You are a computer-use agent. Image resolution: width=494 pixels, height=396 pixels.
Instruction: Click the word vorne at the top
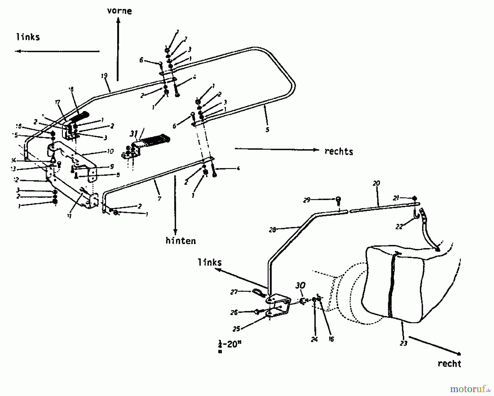(119, 11)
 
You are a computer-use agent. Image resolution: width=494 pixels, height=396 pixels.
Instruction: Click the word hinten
(181, 241)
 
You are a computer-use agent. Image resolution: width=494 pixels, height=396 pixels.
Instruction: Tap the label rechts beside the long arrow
(339, 151)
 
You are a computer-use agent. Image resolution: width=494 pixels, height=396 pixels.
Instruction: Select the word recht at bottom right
(449, 364)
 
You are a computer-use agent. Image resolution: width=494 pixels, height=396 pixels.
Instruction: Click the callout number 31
(134, 134)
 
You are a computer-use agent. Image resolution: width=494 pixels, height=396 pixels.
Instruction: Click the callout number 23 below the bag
(403, 343)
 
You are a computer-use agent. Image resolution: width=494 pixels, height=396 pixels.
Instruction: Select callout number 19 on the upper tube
(104, 76)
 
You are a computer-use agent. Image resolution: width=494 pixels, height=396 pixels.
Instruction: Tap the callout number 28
(272, 230)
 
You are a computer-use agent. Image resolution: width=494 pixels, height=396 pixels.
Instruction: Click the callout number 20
(376, 183)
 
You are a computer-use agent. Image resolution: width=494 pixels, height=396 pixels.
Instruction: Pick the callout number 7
(159, 198)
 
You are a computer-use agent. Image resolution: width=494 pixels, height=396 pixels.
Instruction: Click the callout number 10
(110, 151)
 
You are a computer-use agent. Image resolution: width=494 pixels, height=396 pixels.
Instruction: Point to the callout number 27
(234, 292)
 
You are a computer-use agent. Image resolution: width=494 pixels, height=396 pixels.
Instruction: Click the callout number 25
(236, 329)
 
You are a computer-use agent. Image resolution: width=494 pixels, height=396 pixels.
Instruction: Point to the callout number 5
(267, 129)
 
